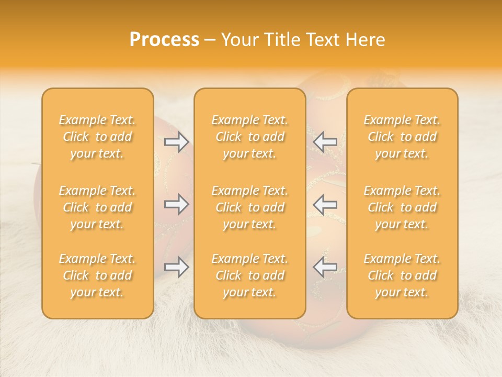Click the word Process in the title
164,40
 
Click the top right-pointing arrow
176,141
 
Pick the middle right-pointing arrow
176,204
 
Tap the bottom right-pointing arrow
176,267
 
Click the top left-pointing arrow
325,141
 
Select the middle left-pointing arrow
325,204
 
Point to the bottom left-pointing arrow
325,267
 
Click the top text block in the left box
97,137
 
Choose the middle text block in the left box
97,207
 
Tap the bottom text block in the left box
97,275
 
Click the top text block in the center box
250,137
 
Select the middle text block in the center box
250,207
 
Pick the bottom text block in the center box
250,275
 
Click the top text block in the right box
402,137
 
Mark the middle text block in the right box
402,207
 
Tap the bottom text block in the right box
402,275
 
